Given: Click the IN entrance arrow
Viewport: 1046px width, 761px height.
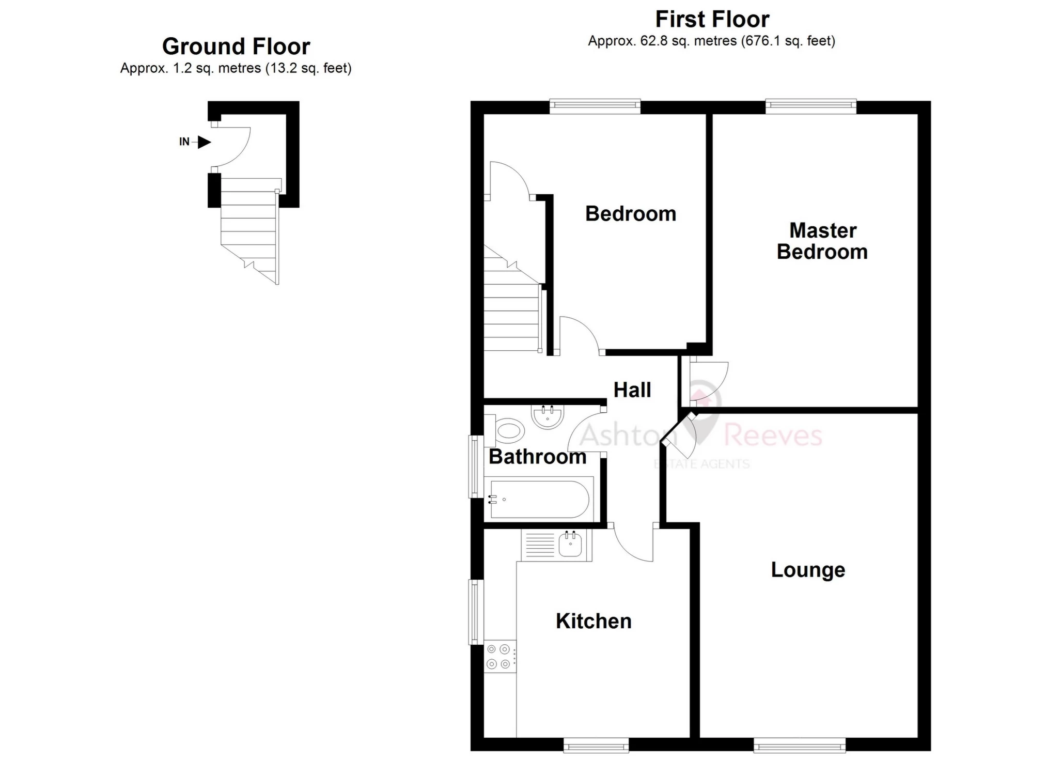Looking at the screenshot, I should click(x=204, y=142).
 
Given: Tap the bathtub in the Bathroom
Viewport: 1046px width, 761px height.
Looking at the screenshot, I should click(x=539, y=499).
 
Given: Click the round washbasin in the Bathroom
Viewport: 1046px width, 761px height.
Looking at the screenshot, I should click(x=548, y=416).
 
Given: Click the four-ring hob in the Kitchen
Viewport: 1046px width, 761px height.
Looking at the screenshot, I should click(x=499, y=657).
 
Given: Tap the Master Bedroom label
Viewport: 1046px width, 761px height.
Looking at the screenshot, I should click(x=822, y=241).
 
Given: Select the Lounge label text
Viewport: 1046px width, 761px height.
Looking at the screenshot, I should click(x=808, y=570).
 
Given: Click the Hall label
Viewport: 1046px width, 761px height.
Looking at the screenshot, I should click(x=632, y=390).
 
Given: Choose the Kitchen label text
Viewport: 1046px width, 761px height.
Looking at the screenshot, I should click(x=594, y=621).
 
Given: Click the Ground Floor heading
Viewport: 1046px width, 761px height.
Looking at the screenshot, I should click(x=236, y=46).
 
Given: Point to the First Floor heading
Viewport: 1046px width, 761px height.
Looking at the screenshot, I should click(x=712, y=20).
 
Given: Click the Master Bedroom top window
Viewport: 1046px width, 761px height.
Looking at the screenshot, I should click(x=810, y=106).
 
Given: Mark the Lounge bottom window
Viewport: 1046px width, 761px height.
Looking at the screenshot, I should click(x=799, y=744).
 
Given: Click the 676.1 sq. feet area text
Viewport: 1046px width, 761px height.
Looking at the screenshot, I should click(x=788, y=41).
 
